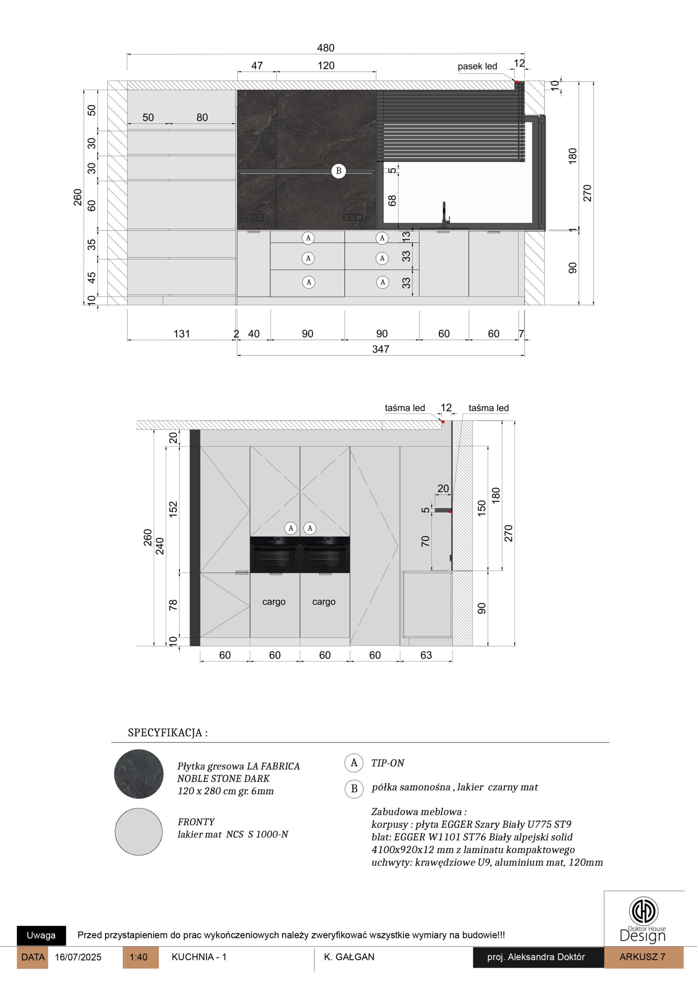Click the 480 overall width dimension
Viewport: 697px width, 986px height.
tap(325, 48)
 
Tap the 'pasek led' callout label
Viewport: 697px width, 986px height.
tap(477, 67)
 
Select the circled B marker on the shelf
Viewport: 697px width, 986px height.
tap(338, 171)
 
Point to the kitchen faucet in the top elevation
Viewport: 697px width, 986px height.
tap(445, 215)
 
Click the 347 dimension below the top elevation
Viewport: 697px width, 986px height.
tap(380, 349)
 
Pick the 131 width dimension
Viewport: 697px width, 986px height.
tap(181, 334)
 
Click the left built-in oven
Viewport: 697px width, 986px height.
tap(275, 554)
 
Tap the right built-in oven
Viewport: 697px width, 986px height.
tap(325, 554)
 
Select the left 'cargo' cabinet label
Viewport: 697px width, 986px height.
tap(274, 602)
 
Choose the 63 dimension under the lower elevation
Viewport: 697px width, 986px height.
tap(426, 655)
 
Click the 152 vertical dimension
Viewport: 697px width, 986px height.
tap(173, 509)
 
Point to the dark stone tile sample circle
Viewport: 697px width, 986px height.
tap(139, 774)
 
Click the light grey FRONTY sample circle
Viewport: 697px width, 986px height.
tap(139, 832)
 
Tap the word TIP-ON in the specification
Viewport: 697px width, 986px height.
tap(388, 763)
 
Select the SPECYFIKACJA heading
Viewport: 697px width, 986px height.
tap(168, 733)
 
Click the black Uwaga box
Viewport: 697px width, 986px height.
tap(41, 935)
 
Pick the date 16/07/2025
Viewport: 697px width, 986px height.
tap(78, 957)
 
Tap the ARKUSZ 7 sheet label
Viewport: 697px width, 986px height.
tap(643, 957)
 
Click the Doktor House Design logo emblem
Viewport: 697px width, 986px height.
tap(643, 910)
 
